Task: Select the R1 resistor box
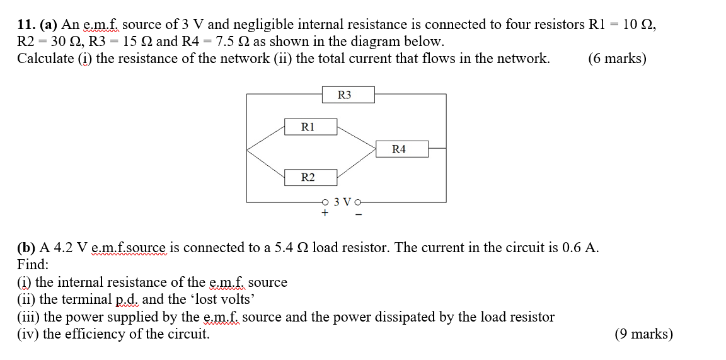[x=309, y=126]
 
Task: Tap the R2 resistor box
[x=309, y=177]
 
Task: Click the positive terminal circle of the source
[x=325, y=202]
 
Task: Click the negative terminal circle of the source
[x=359, y=202]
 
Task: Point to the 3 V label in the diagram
[x=342, y=202]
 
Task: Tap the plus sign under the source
[x=325, y=214]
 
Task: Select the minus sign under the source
[x=359, y=214]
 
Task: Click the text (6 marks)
[x=616, y=59]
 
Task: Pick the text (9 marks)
[x=643, y=334]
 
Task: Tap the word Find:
[x=32, y=264]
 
